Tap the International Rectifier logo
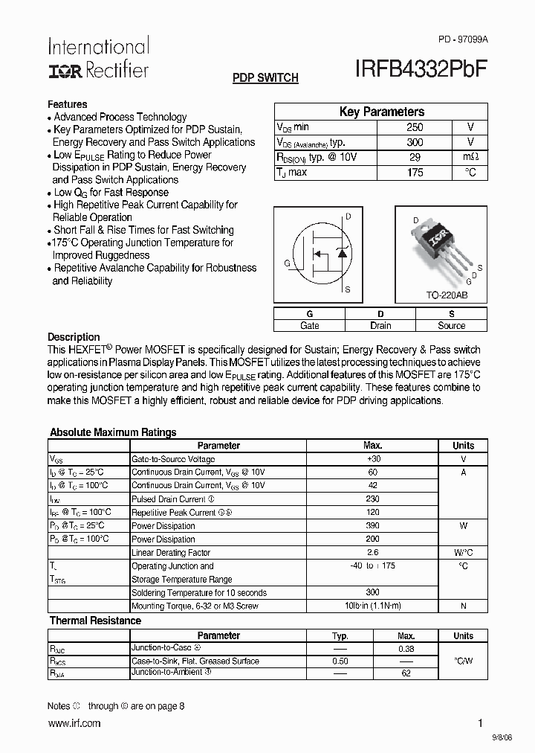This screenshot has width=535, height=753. tap(98, 57)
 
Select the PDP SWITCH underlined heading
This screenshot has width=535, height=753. tap(265, 78)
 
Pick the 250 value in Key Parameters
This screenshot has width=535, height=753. tap(415, 127)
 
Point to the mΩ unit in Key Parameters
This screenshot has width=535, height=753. tap(470, 157)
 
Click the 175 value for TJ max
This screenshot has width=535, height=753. tap(415, 173)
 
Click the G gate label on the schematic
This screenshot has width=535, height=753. tap(287, 263)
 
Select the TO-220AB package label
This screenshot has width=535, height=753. tap(447, 295)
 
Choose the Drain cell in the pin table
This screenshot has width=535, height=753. tap(380, 326)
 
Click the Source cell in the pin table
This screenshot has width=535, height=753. tap(451, 326)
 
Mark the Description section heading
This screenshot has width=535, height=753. tap(74, 337)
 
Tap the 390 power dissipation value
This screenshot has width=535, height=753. tap(373, 526)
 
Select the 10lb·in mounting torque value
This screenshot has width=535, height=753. tap(373, 606)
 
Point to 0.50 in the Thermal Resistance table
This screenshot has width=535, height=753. tap(340, 661)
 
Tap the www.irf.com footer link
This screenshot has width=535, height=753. tap(74, 723)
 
